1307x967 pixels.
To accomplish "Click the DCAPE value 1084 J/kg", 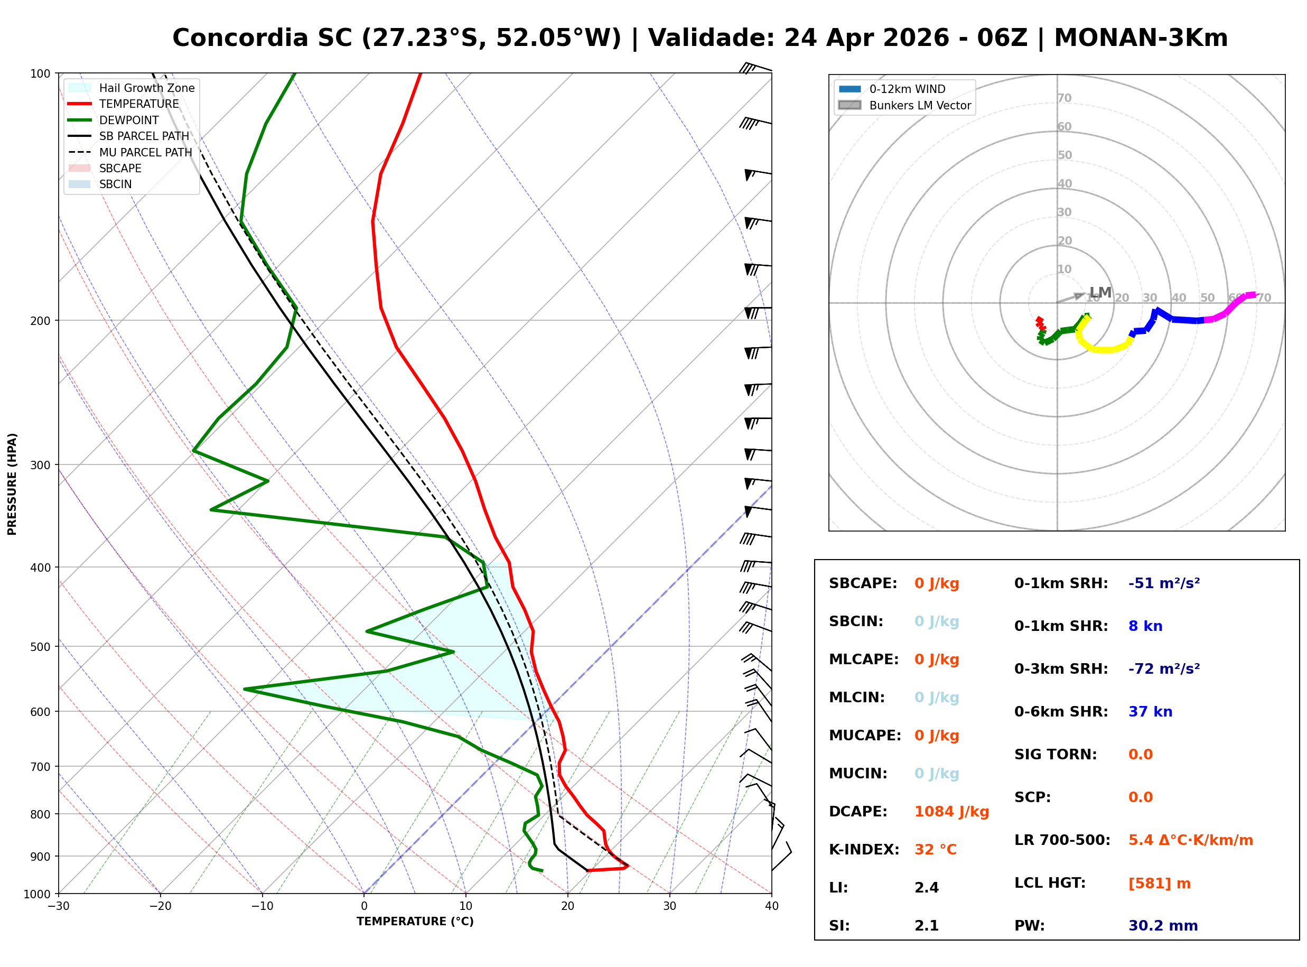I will (951, 812).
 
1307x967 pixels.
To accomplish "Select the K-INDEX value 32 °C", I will (935, 850).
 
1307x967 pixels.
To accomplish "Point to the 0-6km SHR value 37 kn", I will (1150, 712).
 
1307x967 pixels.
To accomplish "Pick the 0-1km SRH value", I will (1164, 583).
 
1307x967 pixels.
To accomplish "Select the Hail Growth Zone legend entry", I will (146, 88).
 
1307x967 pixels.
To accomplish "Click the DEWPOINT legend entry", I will (129, 120).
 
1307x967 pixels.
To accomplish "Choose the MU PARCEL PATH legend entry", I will (145, 152).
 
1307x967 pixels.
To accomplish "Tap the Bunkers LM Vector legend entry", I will (920, 105).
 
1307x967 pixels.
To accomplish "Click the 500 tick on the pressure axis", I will (40, 647).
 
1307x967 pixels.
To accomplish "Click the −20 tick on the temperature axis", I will (160, 906).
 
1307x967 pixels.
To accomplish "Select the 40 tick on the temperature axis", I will (771, 906).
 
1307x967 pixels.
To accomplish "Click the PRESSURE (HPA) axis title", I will (12, 484).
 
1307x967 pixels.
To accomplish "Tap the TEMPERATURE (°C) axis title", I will (415, 922).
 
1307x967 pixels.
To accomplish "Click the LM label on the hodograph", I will (1100, 292).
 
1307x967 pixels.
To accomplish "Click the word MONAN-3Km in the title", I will (1140, 38).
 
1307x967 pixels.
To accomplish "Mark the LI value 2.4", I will (926, 888).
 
